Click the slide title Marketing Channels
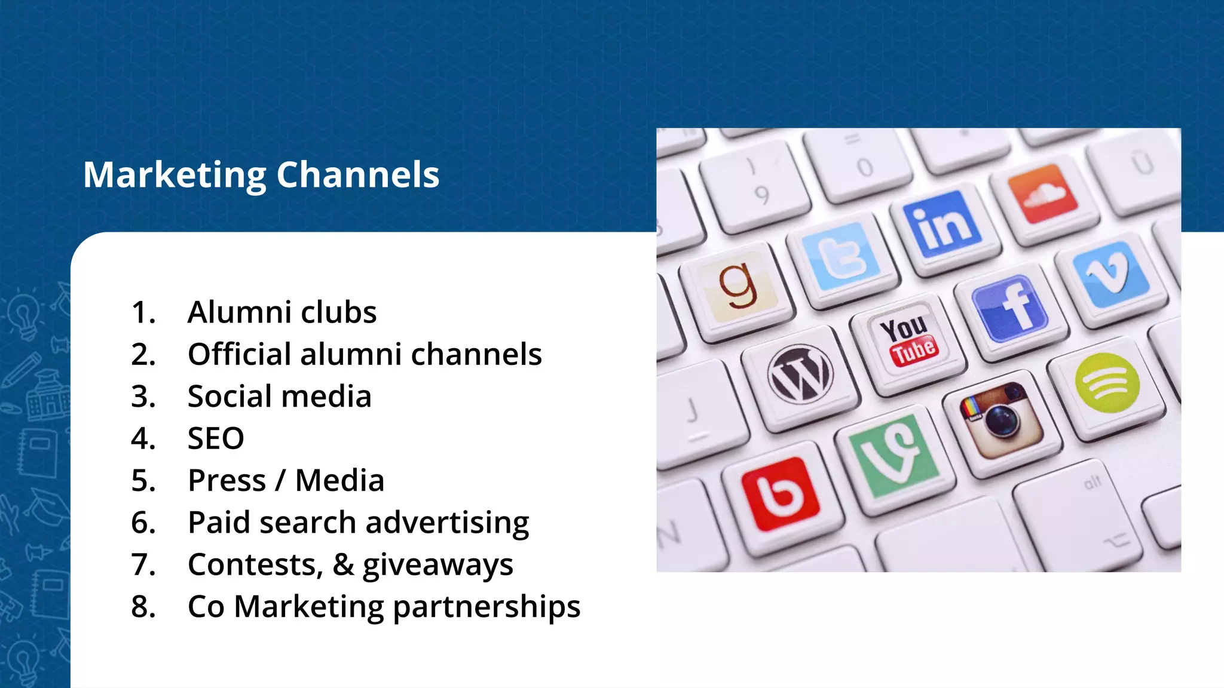point(261,175)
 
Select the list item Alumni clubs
point(281,312)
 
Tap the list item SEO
point(216,439)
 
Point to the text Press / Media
point(286,481)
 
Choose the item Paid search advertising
point(358,523)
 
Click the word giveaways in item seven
point(437,566)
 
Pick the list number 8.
point(143,607)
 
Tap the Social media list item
point(279,397)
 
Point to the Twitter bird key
point(841,257)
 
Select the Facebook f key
point(1010,309)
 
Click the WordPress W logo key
point(800,374)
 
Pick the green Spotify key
point(1107,383)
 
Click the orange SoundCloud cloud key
point(1044,193)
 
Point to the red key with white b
point(779,493)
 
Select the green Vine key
point(893,456)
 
